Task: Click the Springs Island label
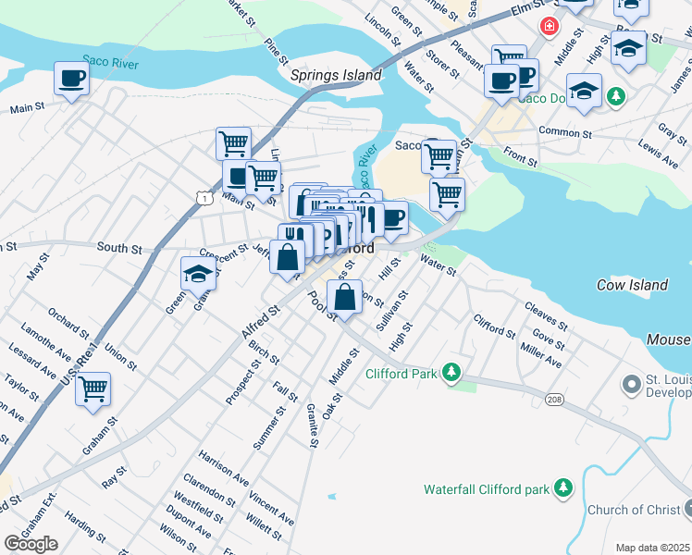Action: [x=336, y=75]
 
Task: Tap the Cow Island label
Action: [x=632, y=285]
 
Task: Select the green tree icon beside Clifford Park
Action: [x=451, y=373]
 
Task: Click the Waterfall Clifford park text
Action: [x=485, y=488]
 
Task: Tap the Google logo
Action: [x=31, y=544]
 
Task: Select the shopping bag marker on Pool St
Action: [x=344, y=299]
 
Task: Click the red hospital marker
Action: [x=550, y=26]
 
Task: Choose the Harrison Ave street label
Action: [x=223, y=469]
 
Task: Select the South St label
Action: [x=119, y=248]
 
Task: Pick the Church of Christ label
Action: [x=633, y=510]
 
